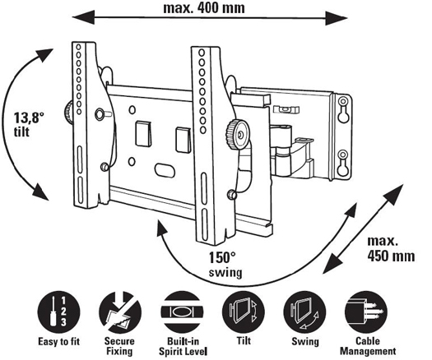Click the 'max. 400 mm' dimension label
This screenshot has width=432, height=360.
tap(204, 7)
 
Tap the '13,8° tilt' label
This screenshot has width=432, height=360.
tap(29, 125)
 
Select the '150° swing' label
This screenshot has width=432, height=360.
tap(225, 265)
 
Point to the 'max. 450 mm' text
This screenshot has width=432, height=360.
tap(391, 249)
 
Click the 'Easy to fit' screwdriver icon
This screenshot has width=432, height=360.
tap(58, 313)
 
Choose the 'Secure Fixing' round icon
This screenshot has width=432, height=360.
tap(120, 313)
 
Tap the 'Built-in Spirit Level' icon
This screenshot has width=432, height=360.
tap(182, 313)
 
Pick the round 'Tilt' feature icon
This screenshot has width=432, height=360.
tap(244, 313)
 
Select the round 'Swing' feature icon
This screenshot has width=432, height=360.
tap(304, 313)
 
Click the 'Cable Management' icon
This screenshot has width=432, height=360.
tap(366, 313)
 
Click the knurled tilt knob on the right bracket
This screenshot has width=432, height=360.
tap(237, 135)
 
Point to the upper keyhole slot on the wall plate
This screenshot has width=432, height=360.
tap(343, 109)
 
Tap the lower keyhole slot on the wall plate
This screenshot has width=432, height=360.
tap(343, 163)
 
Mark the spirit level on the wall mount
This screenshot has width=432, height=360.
tap(286, 109)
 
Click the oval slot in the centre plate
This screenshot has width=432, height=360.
tap(165, 170)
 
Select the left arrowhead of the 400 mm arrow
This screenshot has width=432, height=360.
tap(83, 17)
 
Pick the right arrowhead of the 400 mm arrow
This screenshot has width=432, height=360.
tap(337, 18)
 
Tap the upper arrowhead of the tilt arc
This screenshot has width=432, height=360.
tap(44, 55)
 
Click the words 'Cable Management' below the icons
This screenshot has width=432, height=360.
tap(368, 346)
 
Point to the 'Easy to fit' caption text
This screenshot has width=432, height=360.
tap(58, 342)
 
